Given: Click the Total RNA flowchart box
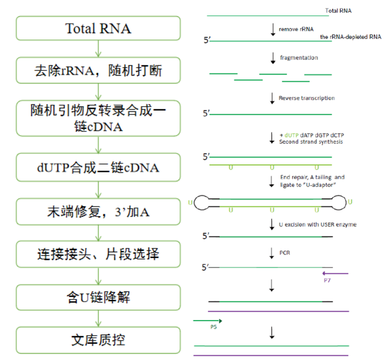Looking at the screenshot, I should (x=98, y=28).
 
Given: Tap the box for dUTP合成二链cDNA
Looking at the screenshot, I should (x=98, y=168).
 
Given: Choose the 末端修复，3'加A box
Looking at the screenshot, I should (x=98, y=212).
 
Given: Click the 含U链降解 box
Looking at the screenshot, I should (x=98, y=298).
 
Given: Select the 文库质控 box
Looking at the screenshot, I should (x=98, y=340).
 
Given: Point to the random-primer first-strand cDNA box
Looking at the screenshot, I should (x=98, y=119).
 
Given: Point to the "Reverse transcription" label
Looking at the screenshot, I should (x=307, y=98).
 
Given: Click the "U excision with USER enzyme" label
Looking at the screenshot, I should (x=318, y=224).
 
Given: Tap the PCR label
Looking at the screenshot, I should (x=285, y=252).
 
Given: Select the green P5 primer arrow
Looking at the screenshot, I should (x=208, y=320).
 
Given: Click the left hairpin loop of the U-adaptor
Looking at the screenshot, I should (x=203, y=201).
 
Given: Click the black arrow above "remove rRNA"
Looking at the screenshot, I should (x=272, y=29).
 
